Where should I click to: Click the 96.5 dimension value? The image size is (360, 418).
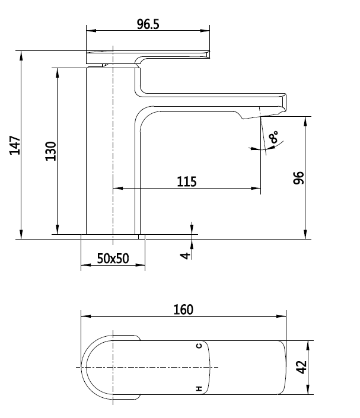tap(148, 24)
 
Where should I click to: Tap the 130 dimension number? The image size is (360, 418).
tap(50, 151)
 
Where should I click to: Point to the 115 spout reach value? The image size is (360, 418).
tap(186, 181)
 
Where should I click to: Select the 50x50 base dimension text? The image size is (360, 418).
tap(113, 260)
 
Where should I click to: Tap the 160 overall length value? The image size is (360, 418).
tap(183, 309)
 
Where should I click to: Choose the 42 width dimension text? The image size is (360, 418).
tap(302, 368)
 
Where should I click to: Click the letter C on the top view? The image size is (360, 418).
tap(199, 346)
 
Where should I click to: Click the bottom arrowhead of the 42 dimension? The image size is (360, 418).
tap(308, 392)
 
